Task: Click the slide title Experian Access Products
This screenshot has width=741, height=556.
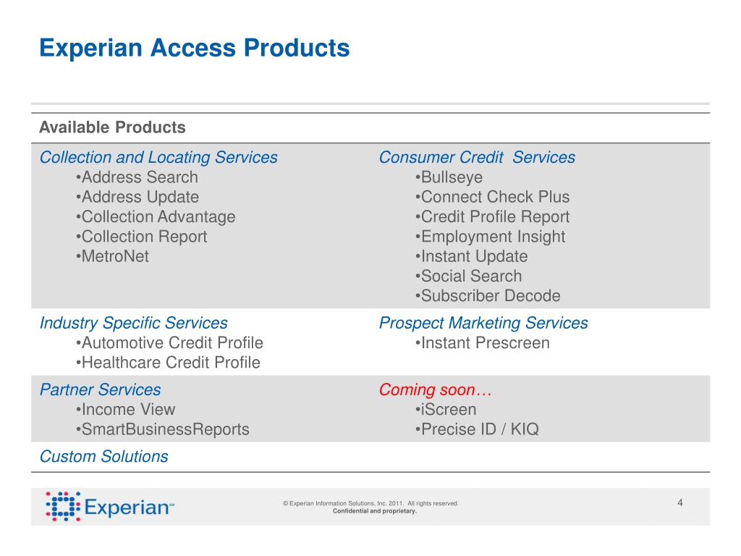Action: [x=194, y=48]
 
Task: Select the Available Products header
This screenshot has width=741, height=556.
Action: [x=112, y=128]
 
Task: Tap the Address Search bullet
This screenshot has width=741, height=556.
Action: [x=136, y=177]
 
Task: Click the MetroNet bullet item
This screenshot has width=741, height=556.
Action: [x=112, y=256]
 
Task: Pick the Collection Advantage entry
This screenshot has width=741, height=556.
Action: [x=155, y=216]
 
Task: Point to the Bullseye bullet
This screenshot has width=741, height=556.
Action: [x=449, y=177]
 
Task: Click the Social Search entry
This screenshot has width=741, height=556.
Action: [x=468, y=276]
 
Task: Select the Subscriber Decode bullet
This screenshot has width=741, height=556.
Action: [x=488, y=296]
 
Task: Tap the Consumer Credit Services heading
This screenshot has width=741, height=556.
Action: [x=477, y=158]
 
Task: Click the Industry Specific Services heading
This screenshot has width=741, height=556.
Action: [x=134, y=323]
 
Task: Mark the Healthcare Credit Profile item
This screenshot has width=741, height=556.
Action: [x=167, y=363]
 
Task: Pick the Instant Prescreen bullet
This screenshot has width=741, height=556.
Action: [x=483, y=343]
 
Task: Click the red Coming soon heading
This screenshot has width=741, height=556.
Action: [x=435, y=390]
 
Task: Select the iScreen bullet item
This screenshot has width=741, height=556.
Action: [x=446, y=410]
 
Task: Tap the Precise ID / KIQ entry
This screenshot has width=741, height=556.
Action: [x=477, y=429]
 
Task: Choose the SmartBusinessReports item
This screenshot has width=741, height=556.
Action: [x=162, y=429]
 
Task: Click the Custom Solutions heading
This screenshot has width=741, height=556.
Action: [x=104, y=457]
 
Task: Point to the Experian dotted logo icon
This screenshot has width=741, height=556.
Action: [x=62, y=506]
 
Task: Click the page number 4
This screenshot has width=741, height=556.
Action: [x=680, y=503]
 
